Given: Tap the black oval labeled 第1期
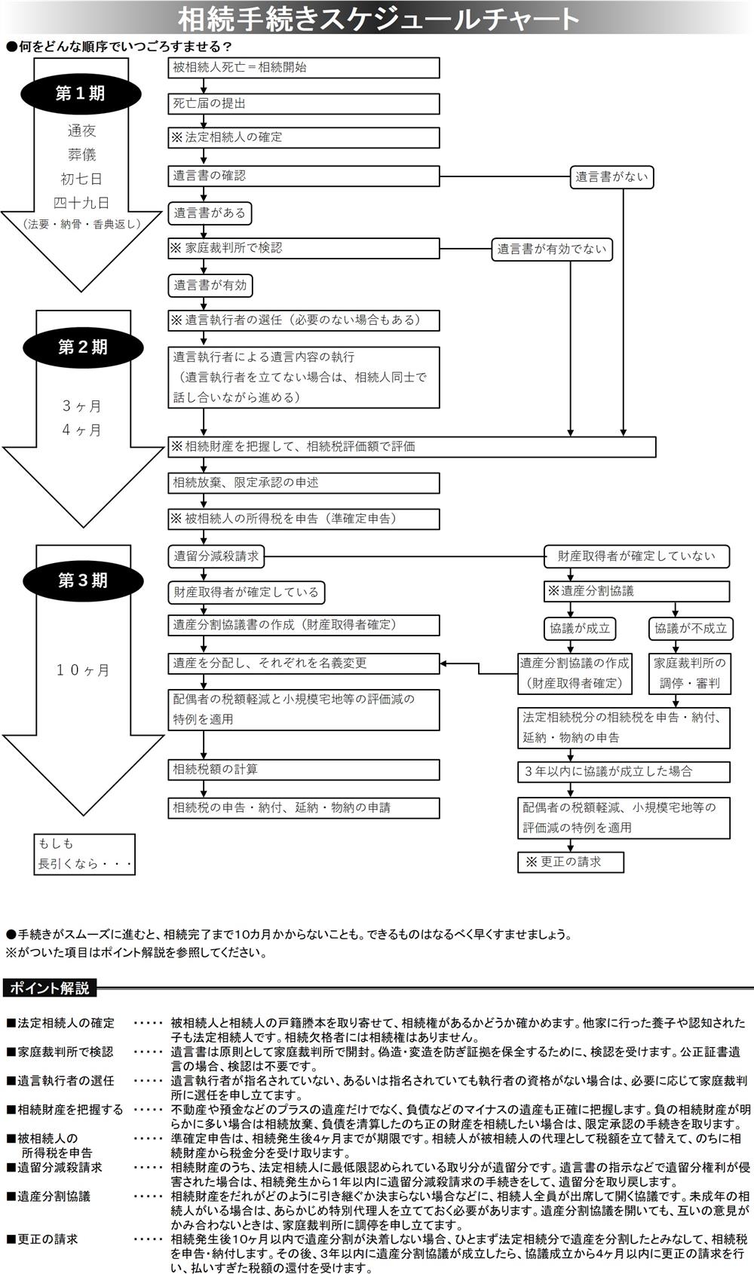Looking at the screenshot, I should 80,93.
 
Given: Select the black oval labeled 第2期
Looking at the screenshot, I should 82,347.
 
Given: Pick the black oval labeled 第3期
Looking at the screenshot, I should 82,580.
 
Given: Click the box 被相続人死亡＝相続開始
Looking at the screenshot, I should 303,67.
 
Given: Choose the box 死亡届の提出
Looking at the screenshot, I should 303,103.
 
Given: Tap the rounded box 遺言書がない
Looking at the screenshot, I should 611,177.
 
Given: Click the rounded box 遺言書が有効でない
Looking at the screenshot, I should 552,249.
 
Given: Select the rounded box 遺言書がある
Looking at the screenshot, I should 210,213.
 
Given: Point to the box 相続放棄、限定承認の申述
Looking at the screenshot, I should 303,482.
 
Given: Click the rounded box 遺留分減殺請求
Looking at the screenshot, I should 216,557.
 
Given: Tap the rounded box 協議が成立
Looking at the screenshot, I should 579,628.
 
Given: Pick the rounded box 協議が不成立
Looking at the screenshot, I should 690,628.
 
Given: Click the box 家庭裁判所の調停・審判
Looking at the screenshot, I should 690,673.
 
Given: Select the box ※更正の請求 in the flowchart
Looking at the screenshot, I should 571,862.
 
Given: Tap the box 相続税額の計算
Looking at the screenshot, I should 303,770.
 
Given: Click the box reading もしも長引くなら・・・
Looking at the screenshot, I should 84,854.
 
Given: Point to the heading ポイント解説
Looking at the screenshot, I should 50,988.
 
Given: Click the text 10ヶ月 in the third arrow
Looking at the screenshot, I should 83,670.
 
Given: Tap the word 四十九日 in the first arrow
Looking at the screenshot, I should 81,203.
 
